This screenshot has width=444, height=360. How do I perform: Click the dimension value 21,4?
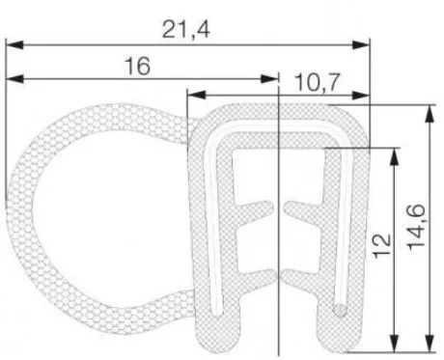186,29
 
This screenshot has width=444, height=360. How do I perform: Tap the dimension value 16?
138,66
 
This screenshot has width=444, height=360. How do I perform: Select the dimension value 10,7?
317,82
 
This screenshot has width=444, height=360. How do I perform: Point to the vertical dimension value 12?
382,246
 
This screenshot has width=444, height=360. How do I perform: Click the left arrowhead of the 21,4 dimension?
14,45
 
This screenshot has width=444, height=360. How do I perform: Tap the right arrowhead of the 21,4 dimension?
361,45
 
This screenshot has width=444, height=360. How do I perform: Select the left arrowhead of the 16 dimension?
14,79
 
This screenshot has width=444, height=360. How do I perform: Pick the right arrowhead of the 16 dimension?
269,79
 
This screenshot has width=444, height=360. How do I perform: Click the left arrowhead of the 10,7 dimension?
196,95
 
